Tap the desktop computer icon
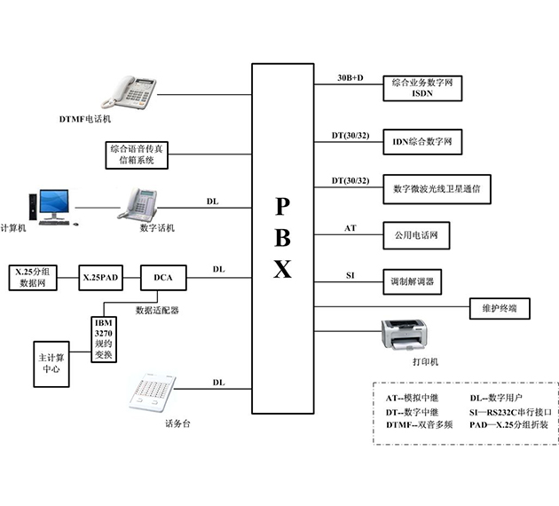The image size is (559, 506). pos(46,206)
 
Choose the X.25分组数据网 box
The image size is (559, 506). pos(34,278)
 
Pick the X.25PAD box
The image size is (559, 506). pos(100,278)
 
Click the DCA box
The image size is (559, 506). pos(163,278)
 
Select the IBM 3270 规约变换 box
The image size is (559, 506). pos(104,338)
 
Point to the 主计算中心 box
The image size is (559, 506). pos(51,363)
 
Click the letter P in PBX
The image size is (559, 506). pos(281,206)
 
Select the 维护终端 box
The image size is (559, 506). pos(499,309)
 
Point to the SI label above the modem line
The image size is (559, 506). pos(350,276)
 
